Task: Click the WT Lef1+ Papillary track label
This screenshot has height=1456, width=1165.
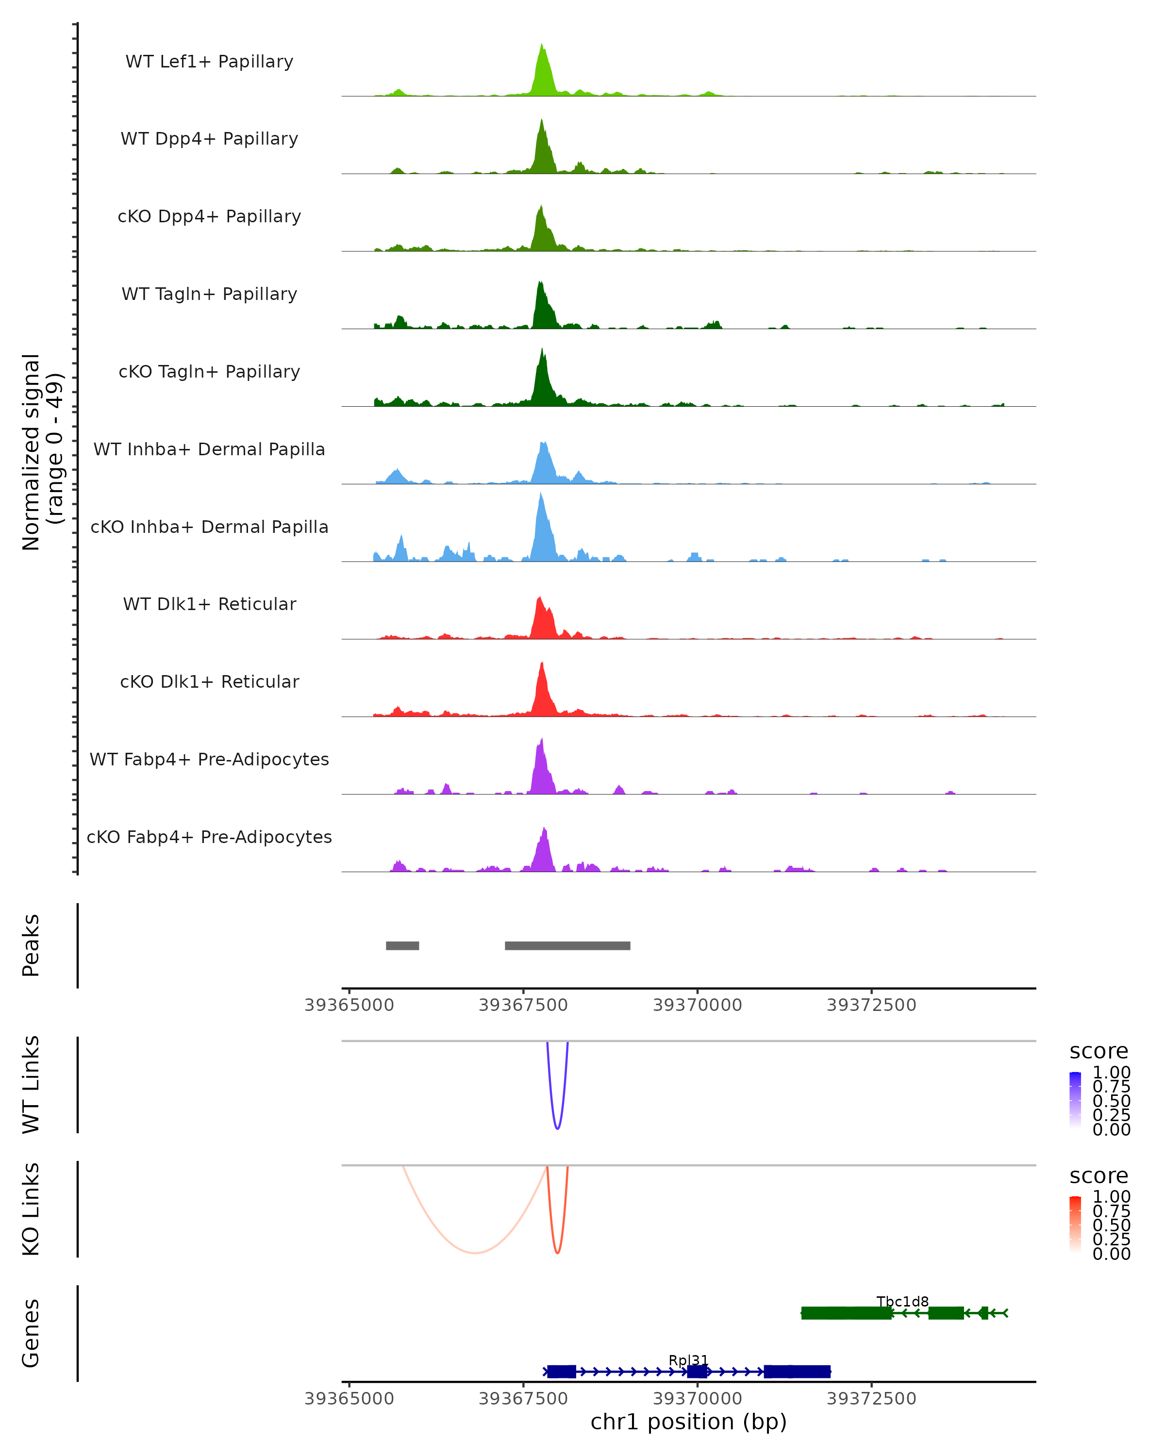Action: pyautogui.click(x=209, y=62)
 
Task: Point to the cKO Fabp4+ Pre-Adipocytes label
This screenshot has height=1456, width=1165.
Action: pyautogui.click(x=209, y=837)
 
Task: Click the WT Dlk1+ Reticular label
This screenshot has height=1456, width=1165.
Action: pyautogui.click(x=209, y=604)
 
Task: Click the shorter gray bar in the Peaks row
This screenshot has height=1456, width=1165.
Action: pyautogui.click(x=402, y=945)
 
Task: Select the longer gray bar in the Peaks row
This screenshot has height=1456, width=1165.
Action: pyautogui.click(x=567, y=945)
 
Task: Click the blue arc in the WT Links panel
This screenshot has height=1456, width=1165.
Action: pyautogui.click(x=557, y=1126)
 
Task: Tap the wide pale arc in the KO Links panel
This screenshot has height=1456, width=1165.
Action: pyautogui.click(x=475, y=1253)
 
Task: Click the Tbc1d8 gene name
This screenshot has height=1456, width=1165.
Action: pyautogui.click(x=902, y=1301)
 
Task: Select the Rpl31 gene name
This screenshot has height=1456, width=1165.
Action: pyautogui.click(x=688, y=1360)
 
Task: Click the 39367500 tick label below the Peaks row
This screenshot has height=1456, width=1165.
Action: pyautogui.click(x=523, y=1005)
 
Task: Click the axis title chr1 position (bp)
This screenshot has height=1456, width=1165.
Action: pyautogui.click(x=688, y=1422)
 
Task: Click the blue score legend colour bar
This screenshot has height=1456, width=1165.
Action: pyautogui.click(x=1075, y=1099)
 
